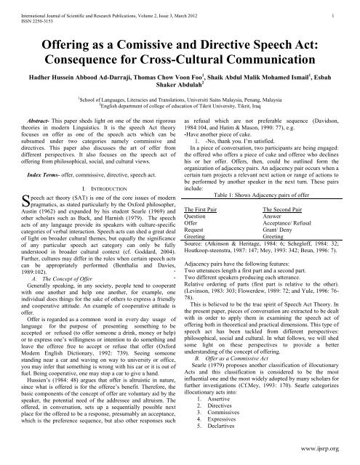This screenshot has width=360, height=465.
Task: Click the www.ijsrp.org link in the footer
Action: (327, 458)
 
